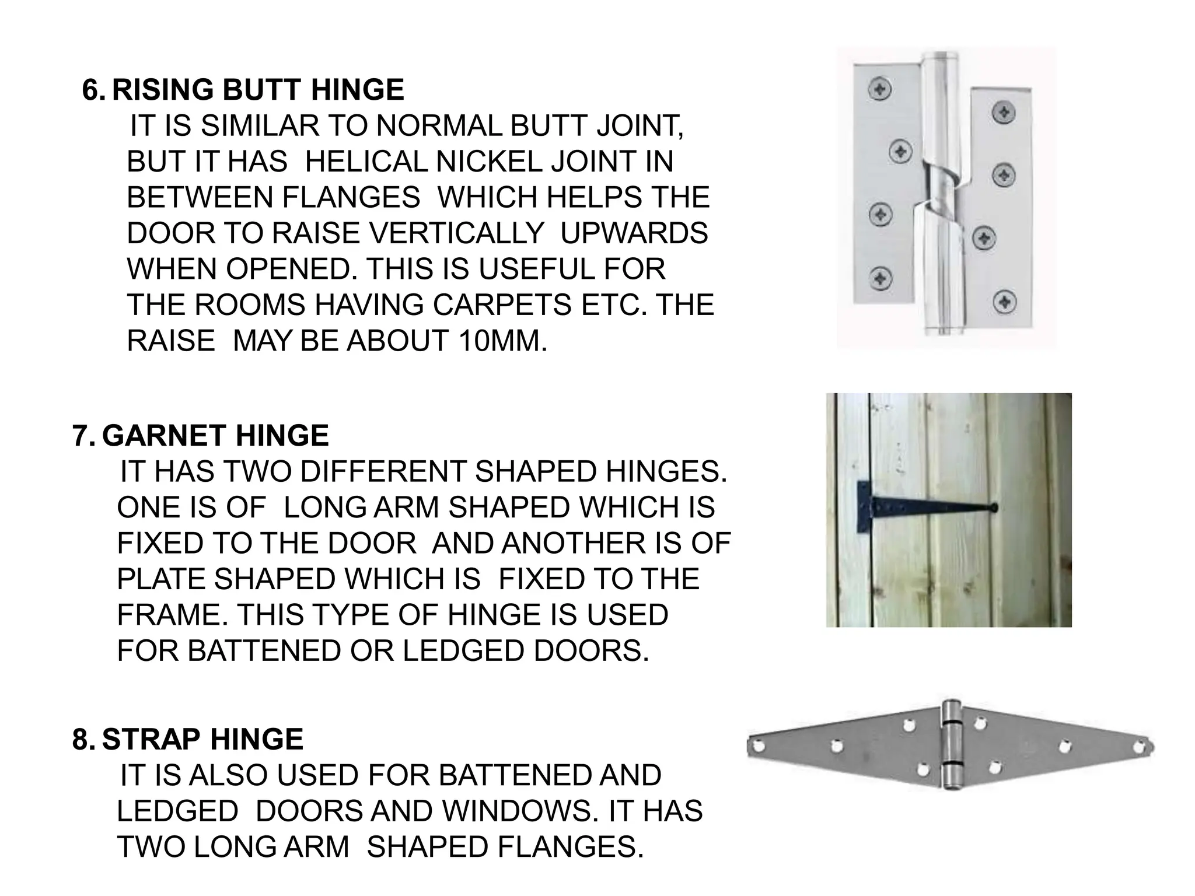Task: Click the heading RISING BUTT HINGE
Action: [x=257, y=90]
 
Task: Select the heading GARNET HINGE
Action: [x=215, y=436]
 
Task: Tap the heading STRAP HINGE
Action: [x=202, y=739]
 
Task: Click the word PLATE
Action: [x=161, y=579]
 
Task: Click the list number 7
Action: [x=82, y=436]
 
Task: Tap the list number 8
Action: [x=82, y=739]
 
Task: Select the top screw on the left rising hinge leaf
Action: [x=879, y=89]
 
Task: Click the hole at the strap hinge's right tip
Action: [x=1138, y=747]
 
